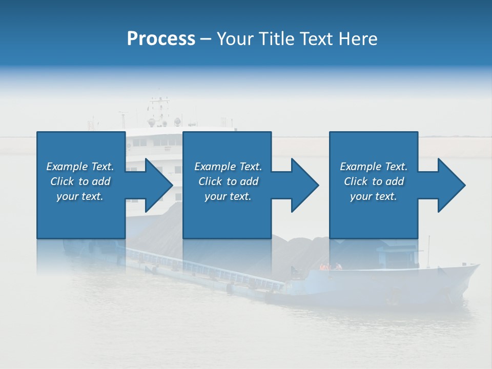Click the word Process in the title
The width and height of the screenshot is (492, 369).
[x=161, y=39]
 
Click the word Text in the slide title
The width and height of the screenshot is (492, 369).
[x=316, y=39]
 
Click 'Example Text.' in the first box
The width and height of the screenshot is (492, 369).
[x=80, y=167]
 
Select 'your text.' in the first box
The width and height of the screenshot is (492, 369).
[x=80, y=196]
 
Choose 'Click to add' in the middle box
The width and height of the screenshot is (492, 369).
[x=228, y=181]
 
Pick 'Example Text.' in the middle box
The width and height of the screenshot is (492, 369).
[x=228, y=167]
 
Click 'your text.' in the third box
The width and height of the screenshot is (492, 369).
[x=374, y=196]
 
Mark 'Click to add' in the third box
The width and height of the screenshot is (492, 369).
[x=374, y=181]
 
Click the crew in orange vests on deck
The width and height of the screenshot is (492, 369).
[x=330, y=266]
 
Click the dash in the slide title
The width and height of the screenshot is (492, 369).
[x=206, y=39]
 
